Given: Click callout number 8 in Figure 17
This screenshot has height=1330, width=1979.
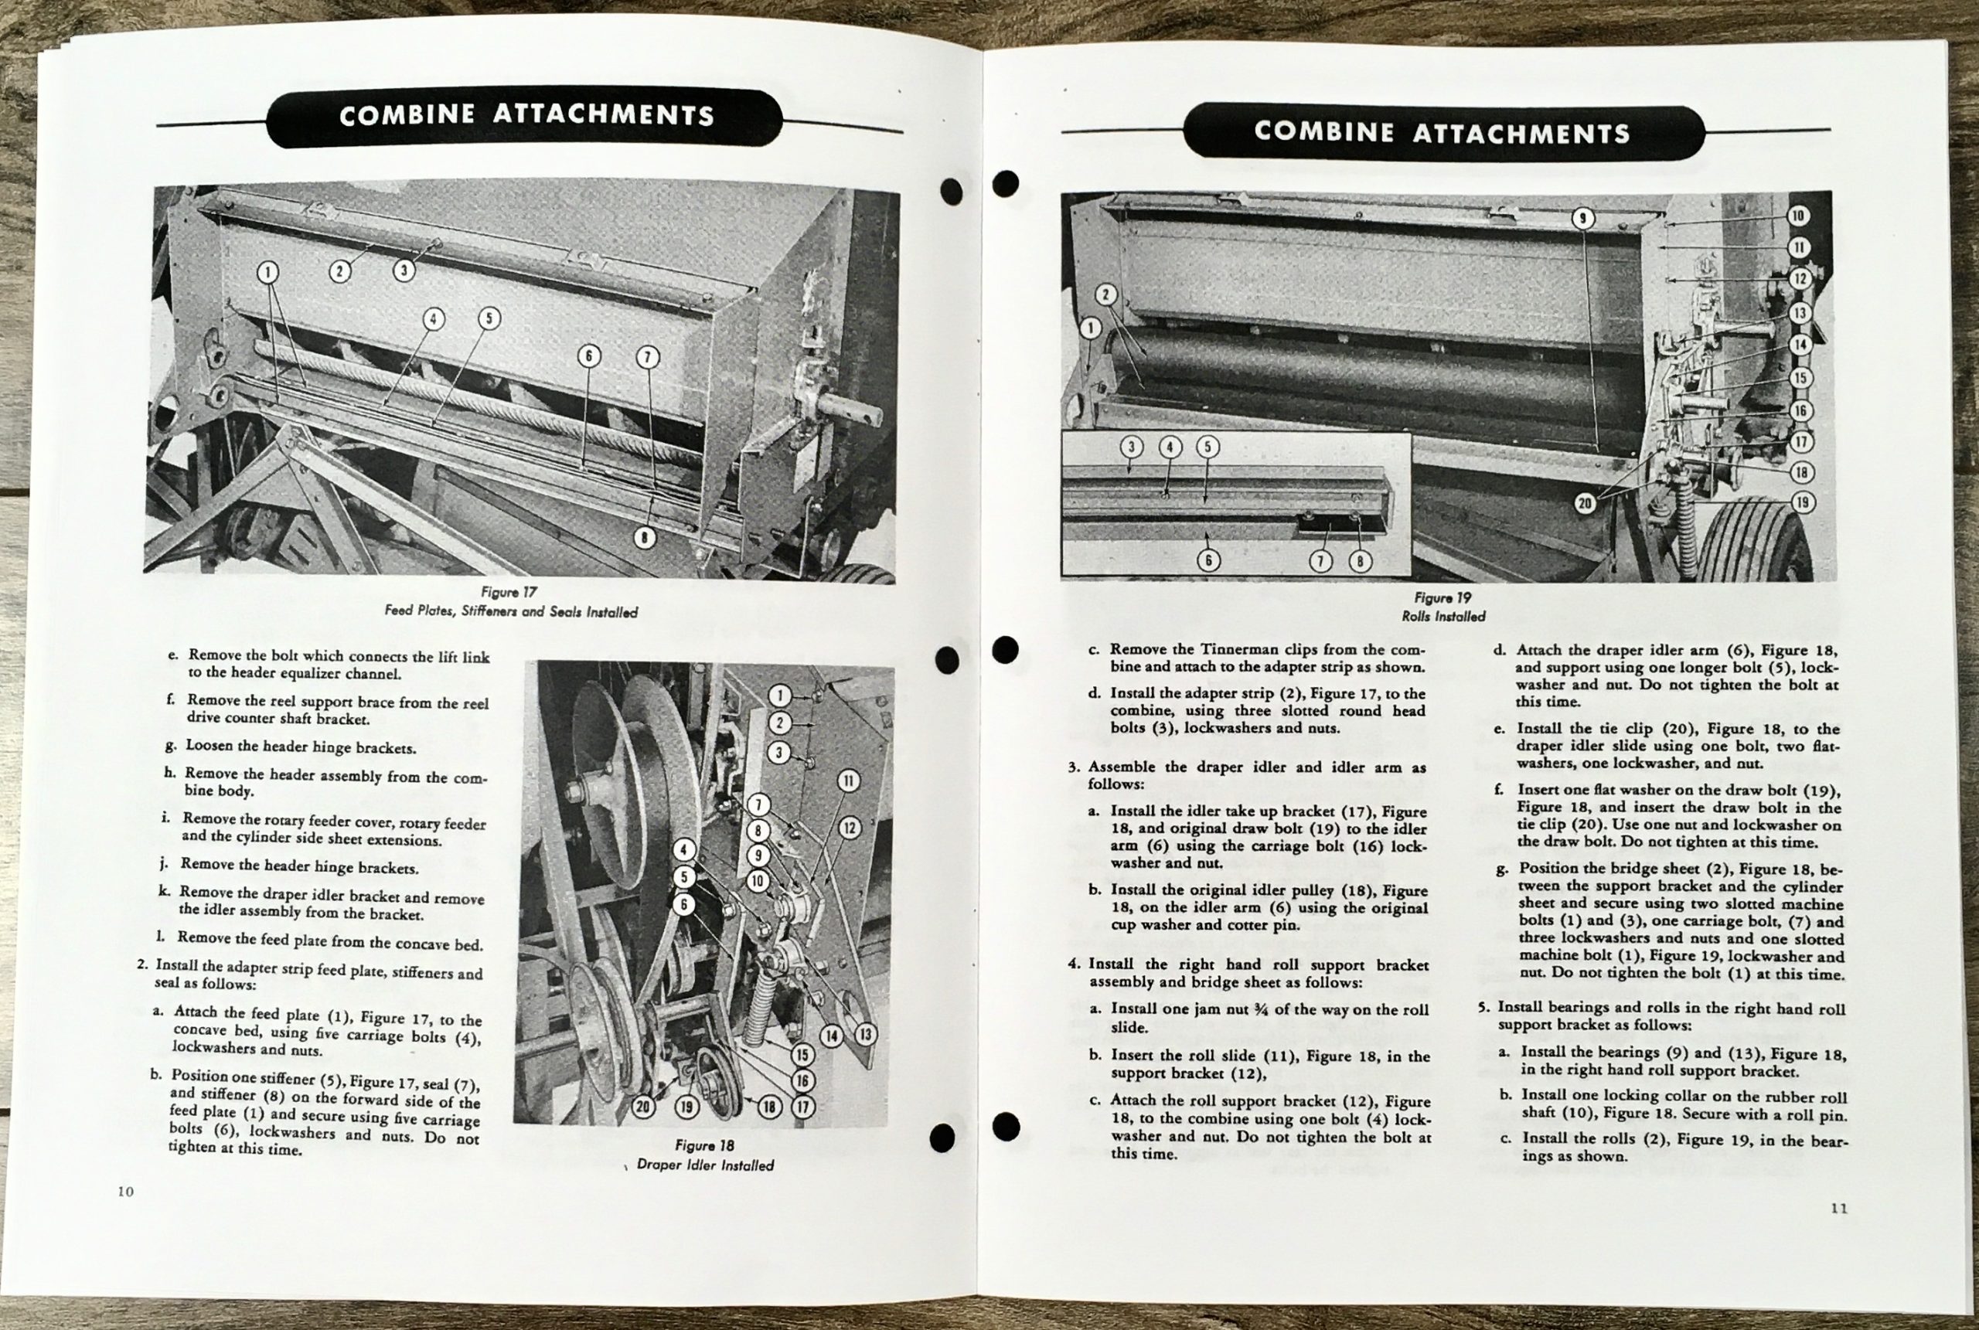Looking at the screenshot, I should point(645,538).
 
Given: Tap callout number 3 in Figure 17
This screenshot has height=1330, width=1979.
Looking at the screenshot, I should point(404,270).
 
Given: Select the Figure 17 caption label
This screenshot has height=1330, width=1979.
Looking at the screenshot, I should point(509,592).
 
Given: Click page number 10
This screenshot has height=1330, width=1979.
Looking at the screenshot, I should point(125,1191).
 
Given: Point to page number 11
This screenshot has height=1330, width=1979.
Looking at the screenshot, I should point(1839,1209).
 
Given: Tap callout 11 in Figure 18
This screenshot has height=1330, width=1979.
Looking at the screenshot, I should point(848,781).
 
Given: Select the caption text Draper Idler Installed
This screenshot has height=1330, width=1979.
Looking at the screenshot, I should point(705,1165).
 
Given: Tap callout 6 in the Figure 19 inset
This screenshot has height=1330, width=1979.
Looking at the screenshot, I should point(1208,560).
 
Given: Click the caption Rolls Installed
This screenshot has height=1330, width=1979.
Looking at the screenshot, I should point(1443,617).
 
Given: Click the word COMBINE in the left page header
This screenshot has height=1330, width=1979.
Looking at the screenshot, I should point(406,115).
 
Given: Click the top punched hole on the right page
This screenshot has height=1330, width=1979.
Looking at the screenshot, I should point(1005,183).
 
